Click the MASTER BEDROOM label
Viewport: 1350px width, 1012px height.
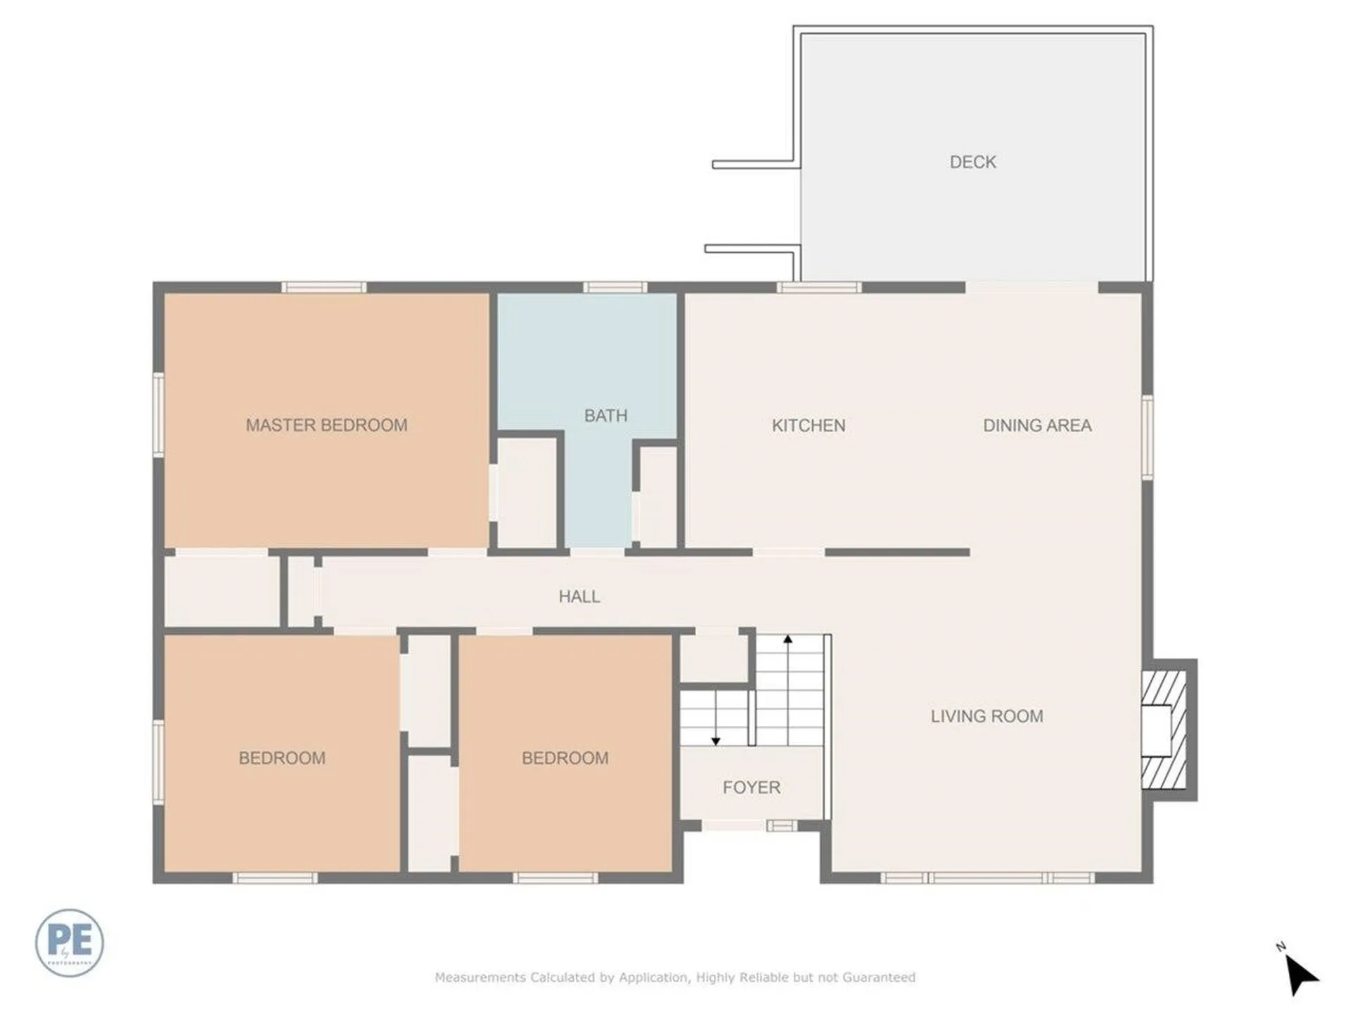click(326, 425)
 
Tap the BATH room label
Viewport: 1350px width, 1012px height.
click(605, 415)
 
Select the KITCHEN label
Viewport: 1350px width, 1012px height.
click(809, 425)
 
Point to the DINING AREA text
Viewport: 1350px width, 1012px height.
click(1037, 425)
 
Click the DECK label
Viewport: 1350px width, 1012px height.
click(972, 162)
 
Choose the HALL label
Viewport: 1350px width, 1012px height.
click(579, 597)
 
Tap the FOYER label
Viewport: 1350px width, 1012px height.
click(751, 787)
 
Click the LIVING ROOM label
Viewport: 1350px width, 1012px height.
click(986, 716)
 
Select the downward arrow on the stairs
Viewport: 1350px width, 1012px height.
click(716, 740)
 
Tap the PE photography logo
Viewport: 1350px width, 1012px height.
click(69, 942)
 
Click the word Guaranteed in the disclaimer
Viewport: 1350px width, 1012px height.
click(878, 977)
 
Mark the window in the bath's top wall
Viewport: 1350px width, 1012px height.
click(615, 287)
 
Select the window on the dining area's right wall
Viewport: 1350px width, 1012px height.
click(1147, 437)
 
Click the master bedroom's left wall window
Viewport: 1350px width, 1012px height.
click(159, 415)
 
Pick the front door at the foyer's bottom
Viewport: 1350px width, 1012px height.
click(735, 825)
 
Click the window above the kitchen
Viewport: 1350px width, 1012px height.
click(818, 287)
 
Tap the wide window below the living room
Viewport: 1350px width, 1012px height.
click(986, 878)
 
